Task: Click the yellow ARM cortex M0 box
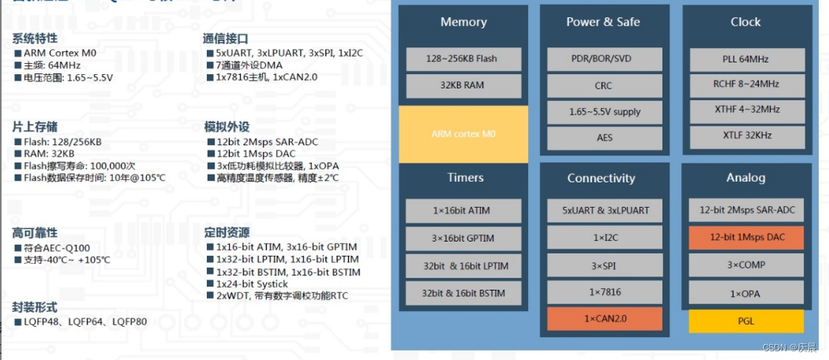tap(463, 134)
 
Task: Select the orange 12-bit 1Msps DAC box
tap(746, 237)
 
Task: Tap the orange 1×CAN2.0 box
tap(604, 319)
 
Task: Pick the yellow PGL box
tap(746, 321)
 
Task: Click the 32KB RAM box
tap(463, 85)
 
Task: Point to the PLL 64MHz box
tap(746, 58)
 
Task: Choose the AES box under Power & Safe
tap(604, 138)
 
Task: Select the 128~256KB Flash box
tap(463, 58)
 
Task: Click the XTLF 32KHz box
tap(746, 136)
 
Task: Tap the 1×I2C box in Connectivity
tap(604, 237)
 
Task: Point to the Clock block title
tap(745, 22)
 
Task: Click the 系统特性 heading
tap(34, 38)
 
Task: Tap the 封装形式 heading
tap(34, 307)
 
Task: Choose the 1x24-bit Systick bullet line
tap(248, 284)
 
